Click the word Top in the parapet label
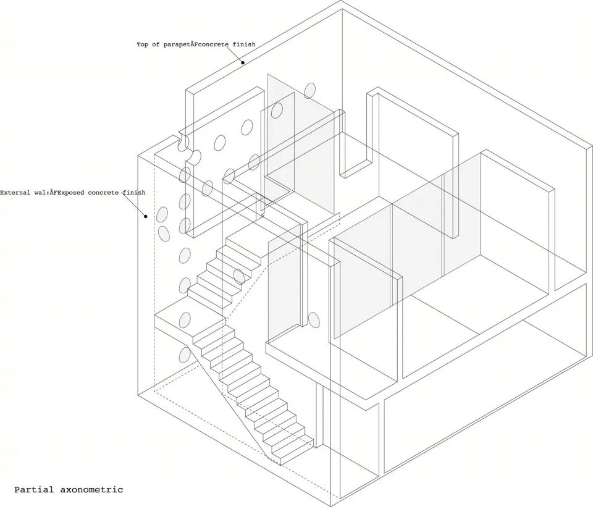[x=142, y=44]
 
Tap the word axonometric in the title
[x=91, y=490]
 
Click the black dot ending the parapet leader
[x=243, y=63]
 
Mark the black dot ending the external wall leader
[x=145, y=216]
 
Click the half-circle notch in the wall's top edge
[x=182, y=142]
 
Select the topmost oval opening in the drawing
[x=309, y=90]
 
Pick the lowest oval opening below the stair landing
[x=185, y=355]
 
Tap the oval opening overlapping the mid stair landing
[x=185, y=321]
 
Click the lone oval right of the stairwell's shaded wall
[x=314, y=320]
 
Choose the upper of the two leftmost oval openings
[x=162, y=214]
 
